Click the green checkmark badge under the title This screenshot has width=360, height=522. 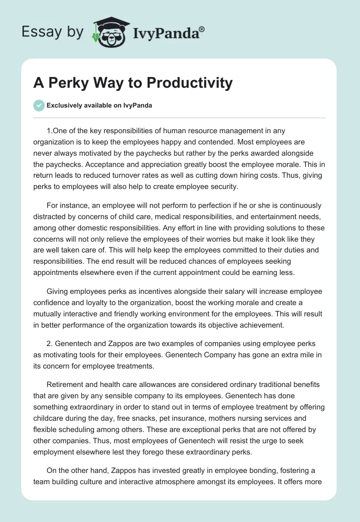[x=39, y=105]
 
